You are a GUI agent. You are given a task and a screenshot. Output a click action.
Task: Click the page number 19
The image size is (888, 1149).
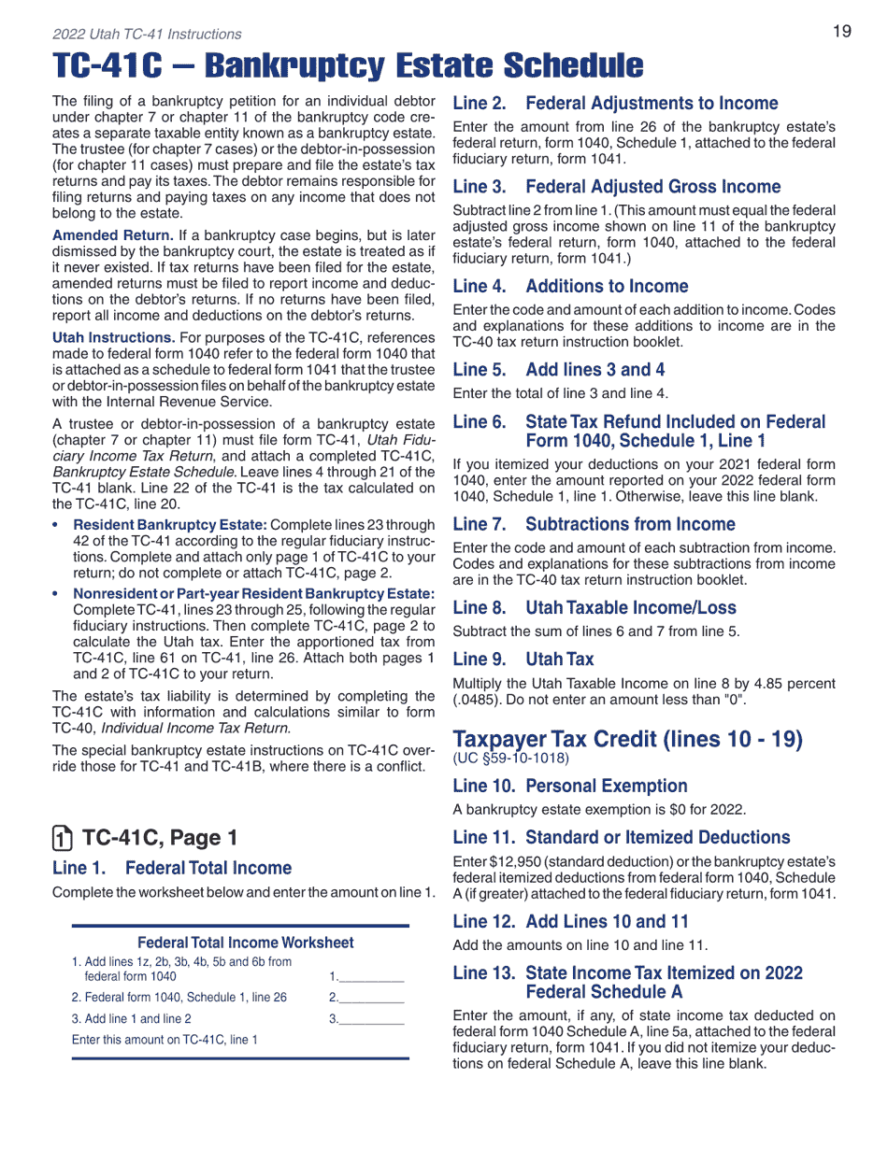tap(841, 32)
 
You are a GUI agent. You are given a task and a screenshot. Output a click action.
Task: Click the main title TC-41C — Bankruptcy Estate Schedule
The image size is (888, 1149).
tap(348, 66)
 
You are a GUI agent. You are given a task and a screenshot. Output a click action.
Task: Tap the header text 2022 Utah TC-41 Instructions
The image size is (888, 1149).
tap(147, 35)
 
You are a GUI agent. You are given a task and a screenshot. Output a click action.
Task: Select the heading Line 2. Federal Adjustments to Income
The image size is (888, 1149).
tap(615, 104)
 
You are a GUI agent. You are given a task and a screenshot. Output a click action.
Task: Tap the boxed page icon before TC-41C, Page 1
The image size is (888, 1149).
tap(61, 838)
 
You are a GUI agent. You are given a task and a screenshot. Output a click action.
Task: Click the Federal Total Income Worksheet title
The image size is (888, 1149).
tap(246, 943)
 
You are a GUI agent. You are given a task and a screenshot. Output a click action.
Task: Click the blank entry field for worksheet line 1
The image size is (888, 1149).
tap(371, 975)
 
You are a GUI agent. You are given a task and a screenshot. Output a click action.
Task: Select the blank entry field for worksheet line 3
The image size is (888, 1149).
tap(371, 1018)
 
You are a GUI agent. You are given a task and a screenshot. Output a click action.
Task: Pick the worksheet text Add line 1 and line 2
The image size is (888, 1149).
tap(132, 1019)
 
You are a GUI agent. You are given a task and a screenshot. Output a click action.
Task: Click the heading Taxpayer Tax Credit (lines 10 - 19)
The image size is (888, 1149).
tap(627, 739)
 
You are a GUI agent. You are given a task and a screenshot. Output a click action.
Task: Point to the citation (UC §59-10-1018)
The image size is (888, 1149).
tap(510, 758)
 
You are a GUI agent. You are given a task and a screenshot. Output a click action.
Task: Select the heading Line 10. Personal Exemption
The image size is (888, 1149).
tap(569, 786)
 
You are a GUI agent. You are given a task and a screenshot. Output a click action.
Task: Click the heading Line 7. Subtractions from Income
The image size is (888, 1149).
tap(594, 524)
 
